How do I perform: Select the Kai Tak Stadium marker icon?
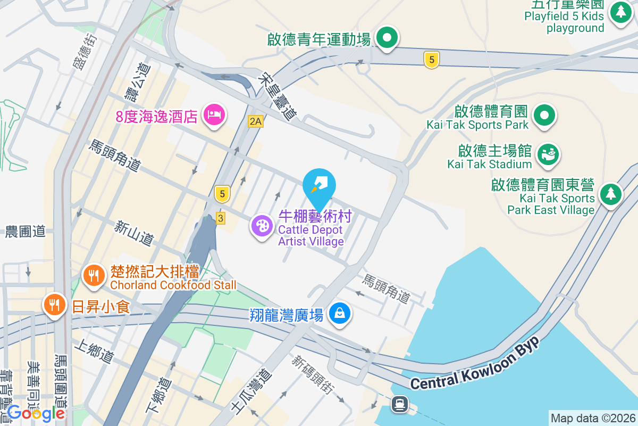pyautogui.click(x=548, y=154)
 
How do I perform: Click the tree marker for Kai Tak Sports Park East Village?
pyautogui.click(x=611, y=193)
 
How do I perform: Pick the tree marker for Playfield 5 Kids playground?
pyautogui.click(x=620, y=12)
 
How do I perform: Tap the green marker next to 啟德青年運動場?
pyautogui.click(x=387, y=38)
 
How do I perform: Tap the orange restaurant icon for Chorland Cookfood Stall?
pyautogui.click(x=94, y=275)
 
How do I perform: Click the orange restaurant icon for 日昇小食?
pyautogui.click(x=53, y=305)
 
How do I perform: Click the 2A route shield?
pyautogui.click(x=256, y=121)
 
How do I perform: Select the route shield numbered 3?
pyautogui.click(x=221, y=218)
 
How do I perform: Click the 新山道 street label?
pyautogui.click(x=133, y=234)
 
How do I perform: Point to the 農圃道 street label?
pyautogui.click(x=26, y=232)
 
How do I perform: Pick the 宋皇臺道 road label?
pyautogui.click(x=278, y=97)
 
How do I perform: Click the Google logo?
pyautogui.click(x=36, y=413)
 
